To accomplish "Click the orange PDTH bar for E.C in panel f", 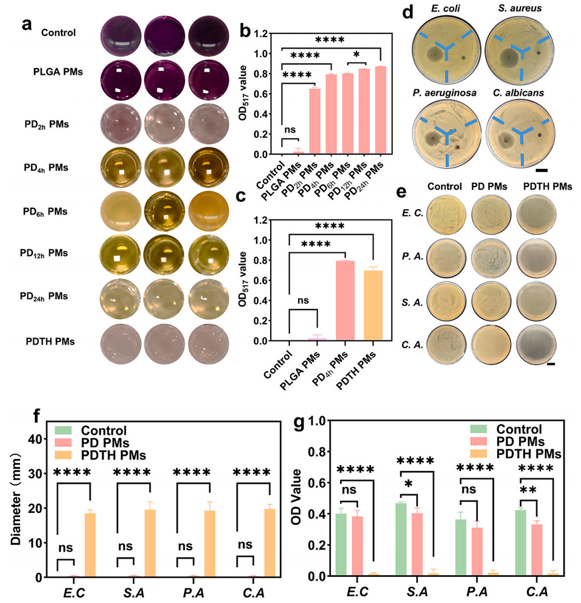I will coord(90,545).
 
